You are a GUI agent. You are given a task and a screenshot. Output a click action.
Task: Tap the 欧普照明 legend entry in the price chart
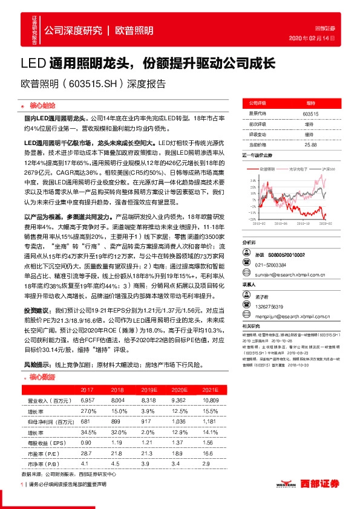[x=266, y=169]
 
